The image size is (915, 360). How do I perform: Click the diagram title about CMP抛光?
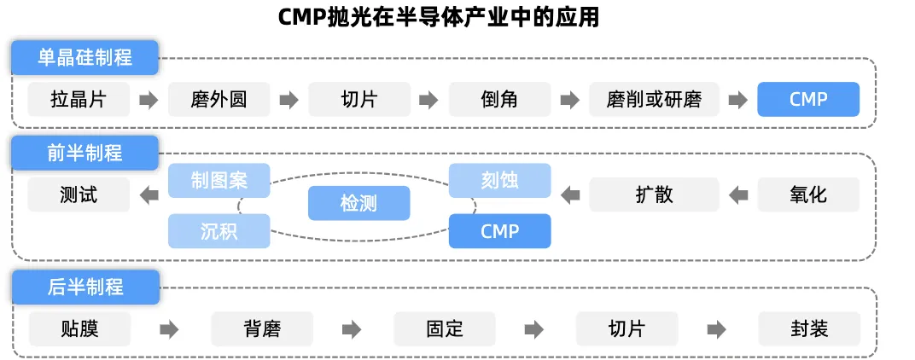pyautogui.click(x=439, y=17)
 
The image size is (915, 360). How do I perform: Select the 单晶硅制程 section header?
pyautogui.click(x=85, y=58)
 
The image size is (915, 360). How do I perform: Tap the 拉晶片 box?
pyautogui.click(x=79, y=99)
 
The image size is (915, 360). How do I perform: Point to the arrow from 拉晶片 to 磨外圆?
pyautogui.click(x=149, y=99)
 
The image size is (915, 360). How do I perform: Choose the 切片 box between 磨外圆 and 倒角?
pyautogui.click(x=358, y=99)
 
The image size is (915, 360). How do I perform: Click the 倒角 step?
pyautogui.click(x=499, y=99)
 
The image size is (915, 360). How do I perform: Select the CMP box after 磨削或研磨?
pyautogui.click(x=808, y=99)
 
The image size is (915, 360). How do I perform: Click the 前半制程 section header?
pyautogui.click(x=85, y=153)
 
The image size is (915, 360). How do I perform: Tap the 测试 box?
pyautogui.click(x=79, y=195)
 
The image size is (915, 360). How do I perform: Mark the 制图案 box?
pyautogui.click(x=219, y=180)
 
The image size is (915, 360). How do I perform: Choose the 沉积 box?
pyautogui.click(x=219, y=230)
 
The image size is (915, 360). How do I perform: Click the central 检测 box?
pyautogui.click(x=358, y=203)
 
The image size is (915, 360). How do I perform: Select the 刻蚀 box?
pyautogui.click(x=499, y=180)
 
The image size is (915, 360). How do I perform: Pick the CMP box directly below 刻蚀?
pyautogui.click(x=499, y=230)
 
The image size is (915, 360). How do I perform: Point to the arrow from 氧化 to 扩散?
pyautogui.click(x=738, y=195)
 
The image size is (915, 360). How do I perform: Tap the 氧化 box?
pyautogui.click(x=808, y=195)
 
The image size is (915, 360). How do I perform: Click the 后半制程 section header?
pyautogui.click(x=85, y=287)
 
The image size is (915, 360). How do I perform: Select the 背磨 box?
pyautogui.click(x=261, y=328)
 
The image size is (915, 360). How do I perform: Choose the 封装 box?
pyautogui.click(x=808, y=328)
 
